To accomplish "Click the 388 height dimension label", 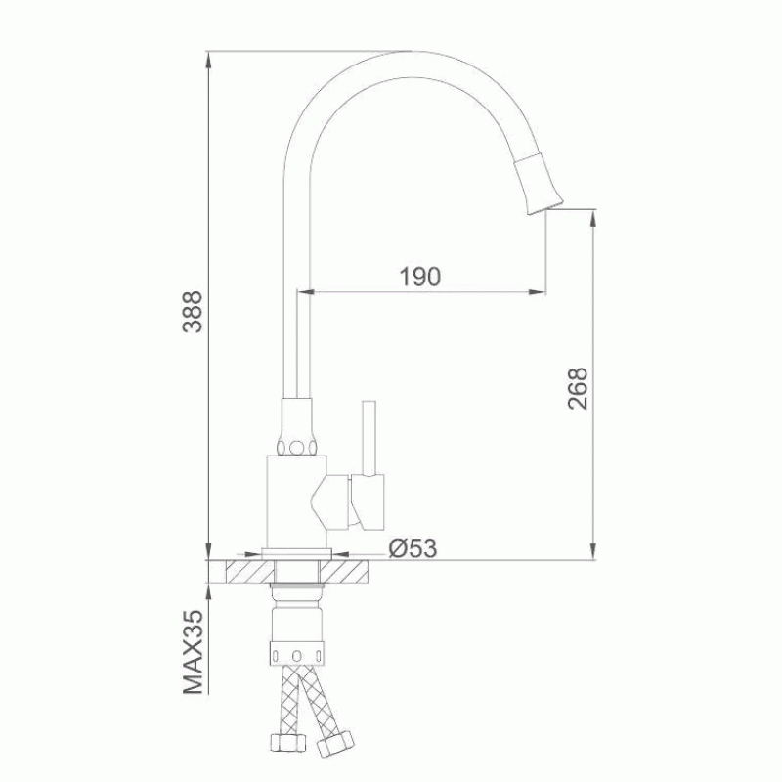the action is pos(193,312).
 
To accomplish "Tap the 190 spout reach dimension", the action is pos(420,277).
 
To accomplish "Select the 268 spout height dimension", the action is pos(578,389).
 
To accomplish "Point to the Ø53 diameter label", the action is pos(413,548).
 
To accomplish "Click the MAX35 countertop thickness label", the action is pos(193,652).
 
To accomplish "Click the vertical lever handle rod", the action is pos(369,437).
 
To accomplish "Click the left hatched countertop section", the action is pos(250,572).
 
